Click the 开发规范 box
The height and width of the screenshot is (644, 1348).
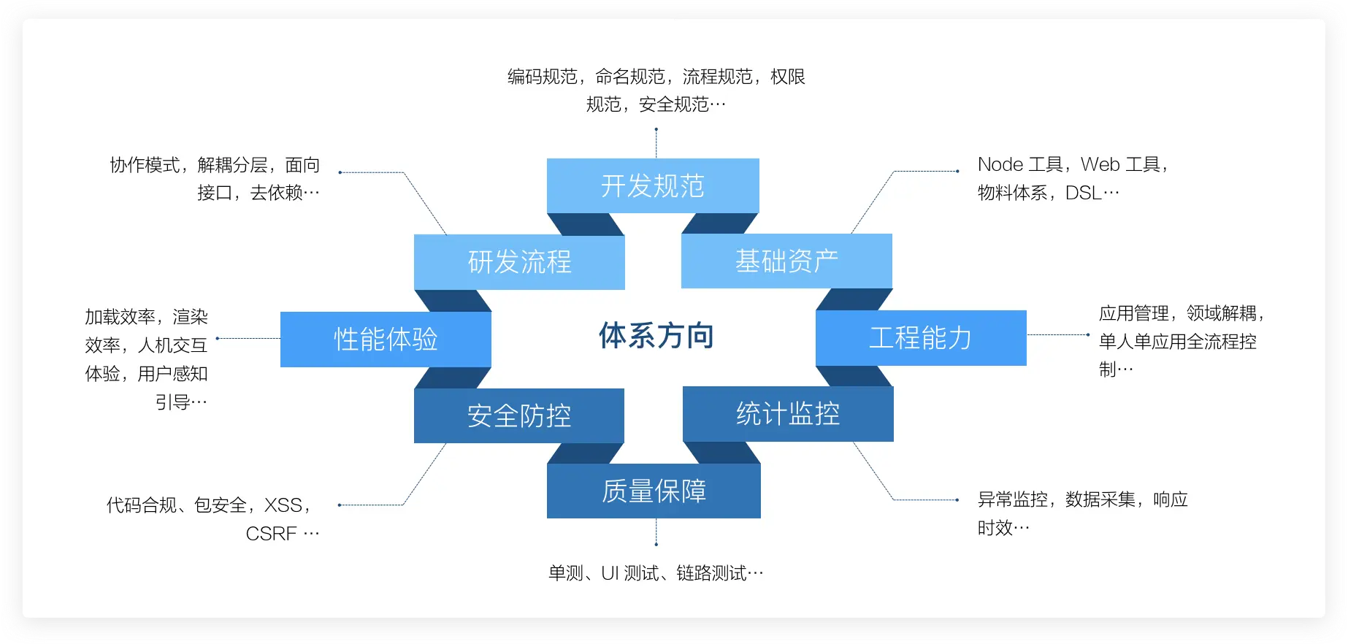pyautogui.click(x=653, y=185)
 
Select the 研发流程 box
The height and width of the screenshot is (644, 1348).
pyautogui.click(x=519, y=262)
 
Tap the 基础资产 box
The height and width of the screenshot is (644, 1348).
pyautogui.click(x=786, y=261)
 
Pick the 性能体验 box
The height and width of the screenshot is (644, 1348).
pyautogui.click(x=386, y=339)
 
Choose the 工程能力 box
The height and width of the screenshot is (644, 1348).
pyautogui.click(x=921, y=337)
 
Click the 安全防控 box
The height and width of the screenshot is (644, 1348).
pyautogui.click(x=519, y=415)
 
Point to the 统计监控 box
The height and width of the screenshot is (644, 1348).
pyautogui.click(x=788, y=414)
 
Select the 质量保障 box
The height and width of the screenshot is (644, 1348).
pyautogui.click(x=654, y=491)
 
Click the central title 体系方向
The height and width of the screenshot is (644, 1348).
pyautogui.click(x=656, y=336)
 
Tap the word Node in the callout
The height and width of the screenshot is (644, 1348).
pyautogui.click(x=1000, y=164)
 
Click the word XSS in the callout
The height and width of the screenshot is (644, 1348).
pyautogui.click(x=283, y=505)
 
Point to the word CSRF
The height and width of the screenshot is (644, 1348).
pyautogui.click(x=271, y=534)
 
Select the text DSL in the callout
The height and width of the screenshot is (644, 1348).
pyautogui.click(x=1084, y=193)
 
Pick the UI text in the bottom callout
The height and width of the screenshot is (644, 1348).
pyautogui.click(x=610, y=573)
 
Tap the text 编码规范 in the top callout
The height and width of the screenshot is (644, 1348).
pyautogui.click(x=543, y=77)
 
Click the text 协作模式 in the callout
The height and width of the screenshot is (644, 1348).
pyautogui.click(x=145, y=165)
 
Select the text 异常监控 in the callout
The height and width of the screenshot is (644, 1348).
pyautogui.click(x=1013, y=499)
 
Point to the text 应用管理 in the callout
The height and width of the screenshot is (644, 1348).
pyautogui.click(x=1134, y=313)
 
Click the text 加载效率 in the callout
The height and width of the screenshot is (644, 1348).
pyautogui.click(x=120, y=317)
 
